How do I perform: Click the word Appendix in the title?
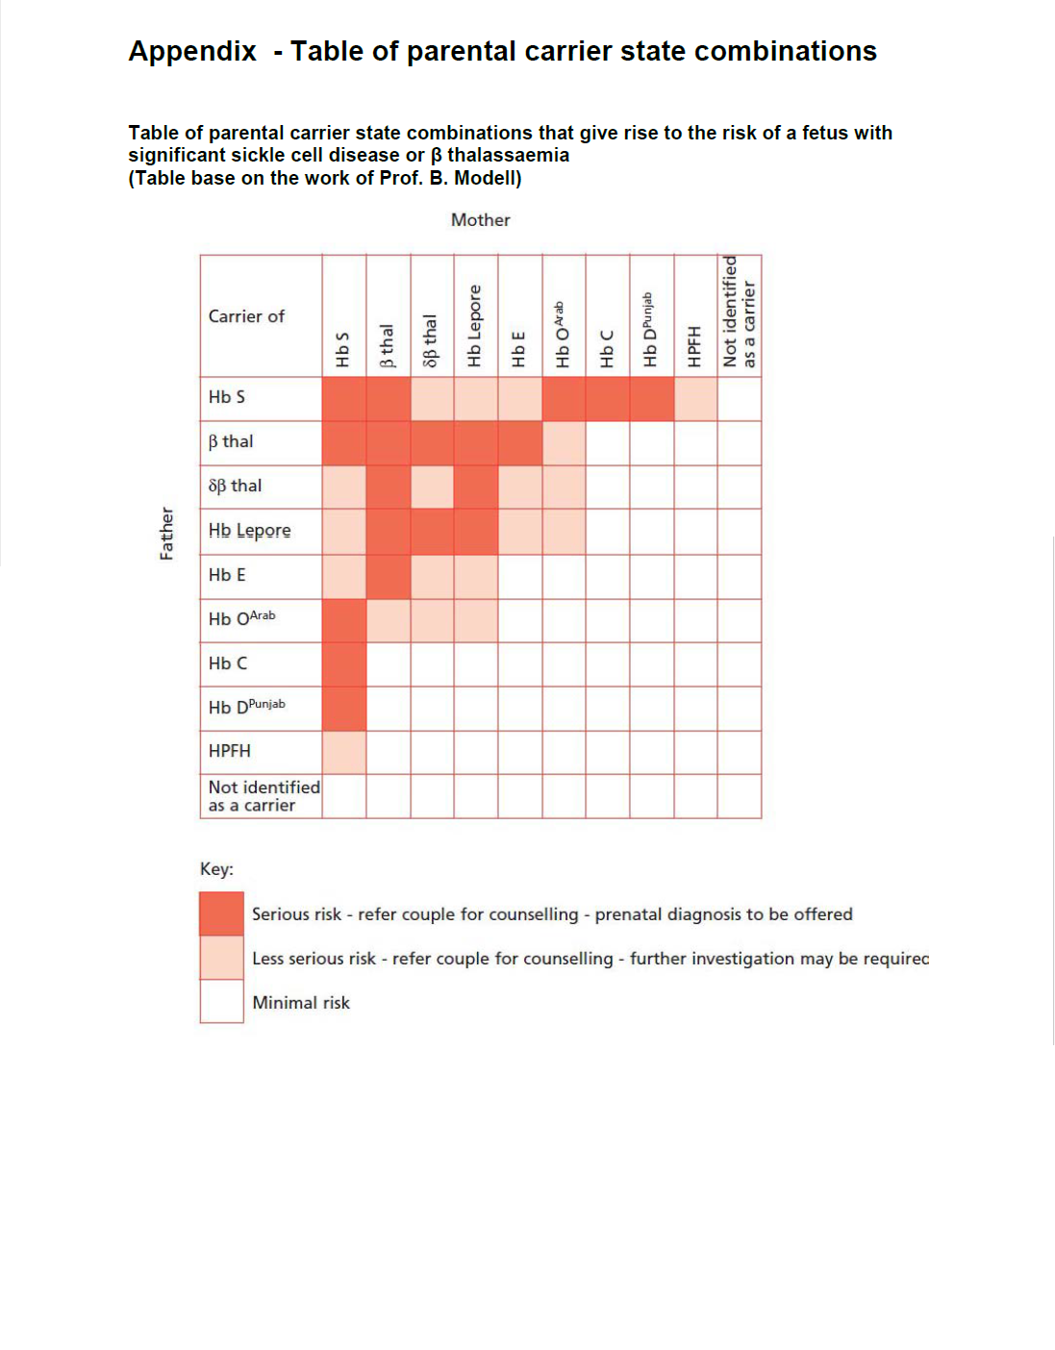point(192,51)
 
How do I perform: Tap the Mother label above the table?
point(480,220)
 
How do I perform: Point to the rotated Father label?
point(166,534)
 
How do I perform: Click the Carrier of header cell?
point(246,316)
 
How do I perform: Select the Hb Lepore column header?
point(475,325)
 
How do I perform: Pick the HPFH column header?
point(694,346)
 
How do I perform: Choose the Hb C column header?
point(607,348)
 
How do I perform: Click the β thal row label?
point(231,441)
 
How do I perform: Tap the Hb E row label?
point(227,575)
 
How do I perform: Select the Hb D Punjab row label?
point(246,707)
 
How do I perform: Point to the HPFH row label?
point(229,751)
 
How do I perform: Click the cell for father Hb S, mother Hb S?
point(344,398)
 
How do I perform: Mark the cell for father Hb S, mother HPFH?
point(695,398)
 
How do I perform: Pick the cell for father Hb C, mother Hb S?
point(344,663)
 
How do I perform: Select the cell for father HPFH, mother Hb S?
point(344,752)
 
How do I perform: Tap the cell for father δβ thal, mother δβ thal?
point(432,487)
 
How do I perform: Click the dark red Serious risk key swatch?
point(221,913)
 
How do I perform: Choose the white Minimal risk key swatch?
point(221,1001)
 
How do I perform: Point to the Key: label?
point(216,869)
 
